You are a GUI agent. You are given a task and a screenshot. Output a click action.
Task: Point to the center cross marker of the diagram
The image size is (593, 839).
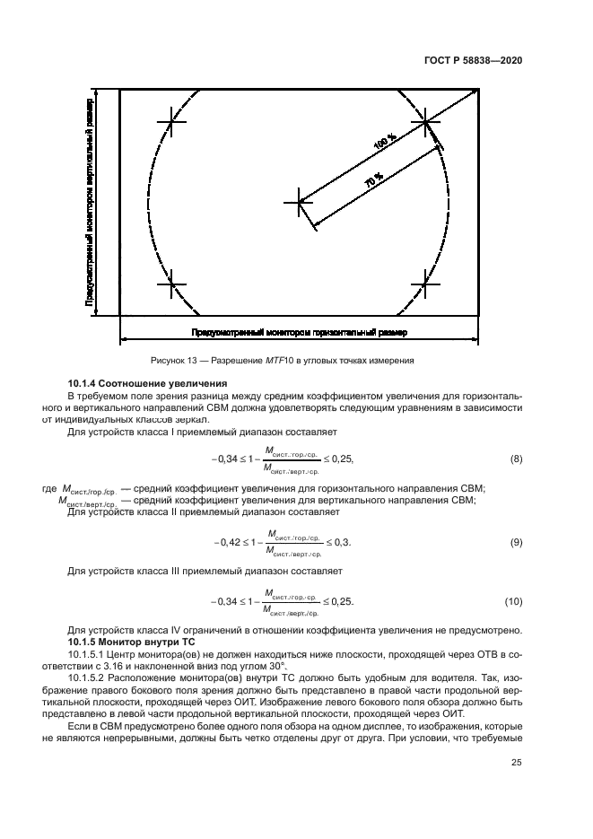pyautogui.click(x=299, y=202)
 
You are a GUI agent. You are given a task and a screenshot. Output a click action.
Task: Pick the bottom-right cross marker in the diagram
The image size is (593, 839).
pyautogui.click(x=425, y=284)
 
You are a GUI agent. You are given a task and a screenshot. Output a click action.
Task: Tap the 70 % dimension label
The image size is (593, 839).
pyautogui.click(x=372, y=179)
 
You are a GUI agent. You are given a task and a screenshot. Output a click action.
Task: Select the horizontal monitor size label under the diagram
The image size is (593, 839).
pyautogui.click(x=299, y=333)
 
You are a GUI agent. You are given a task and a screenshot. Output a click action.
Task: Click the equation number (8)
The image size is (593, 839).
pyautogui.click(x=516, y=459)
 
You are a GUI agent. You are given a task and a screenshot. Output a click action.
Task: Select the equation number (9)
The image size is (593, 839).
pyautogui.click(x=516, y=542)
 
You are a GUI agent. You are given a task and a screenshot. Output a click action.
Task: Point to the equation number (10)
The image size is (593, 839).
pyautogui.click(x=514, y=600)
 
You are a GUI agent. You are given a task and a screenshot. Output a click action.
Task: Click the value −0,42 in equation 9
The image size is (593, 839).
pyautogui.click(x=226, y=542)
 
